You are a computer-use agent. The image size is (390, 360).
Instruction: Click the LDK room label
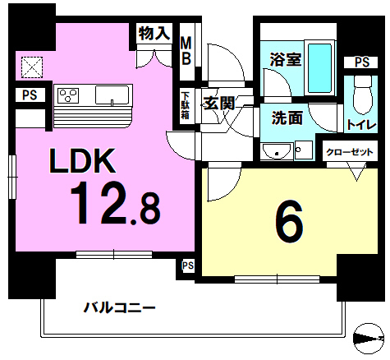[x=82, y=161]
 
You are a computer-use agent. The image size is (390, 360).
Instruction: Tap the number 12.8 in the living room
[x=115, y=203]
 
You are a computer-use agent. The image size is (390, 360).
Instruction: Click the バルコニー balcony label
[x=119, y=307]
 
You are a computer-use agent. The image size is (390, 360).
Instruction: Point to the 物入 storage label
[x=154, y=34]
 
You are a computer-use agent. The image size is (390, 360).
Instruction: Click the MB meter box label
[x=186, y=51]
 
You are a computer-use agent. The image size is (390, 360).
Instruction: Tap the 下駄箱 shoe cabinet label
[x=186, y=105]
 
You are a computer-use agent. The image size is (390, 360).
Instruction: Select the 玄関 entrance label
[x=219, y=104]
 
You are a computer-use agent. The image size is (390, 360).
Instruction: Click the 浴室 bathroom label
[x=286, y=59]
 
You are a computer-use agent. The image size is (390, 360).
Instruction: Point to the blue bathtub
[x=319, y=68]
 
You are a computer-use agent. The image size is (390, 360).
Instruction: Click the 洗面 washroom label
[x=287, y=118]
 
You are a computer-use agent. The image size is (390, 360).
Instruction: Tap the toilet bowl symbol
[x=362, y=95]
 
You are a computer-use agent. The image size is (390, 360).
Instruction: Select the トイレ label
[x=361, y=125]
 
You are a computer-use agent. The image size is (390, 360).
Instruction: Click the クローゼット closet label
[x=350, y=152]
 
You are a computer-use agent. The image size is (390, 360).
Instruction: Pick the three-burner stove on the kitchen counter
[x=68, y=95]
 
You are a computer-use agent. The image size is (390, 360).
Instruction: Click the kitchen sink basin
[x=112, y=95]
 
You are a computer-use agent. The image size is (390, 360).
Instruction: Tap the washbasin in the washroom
[x=277, y=151]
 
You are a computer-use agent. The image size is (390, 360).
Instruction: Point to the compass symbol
[x=369, y=339]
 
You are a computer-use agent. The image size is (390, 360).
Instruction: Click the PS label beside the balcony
[x=188, y=265]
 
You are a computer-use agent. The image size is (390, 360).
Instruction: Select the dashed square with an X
[x=32, y=67]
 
